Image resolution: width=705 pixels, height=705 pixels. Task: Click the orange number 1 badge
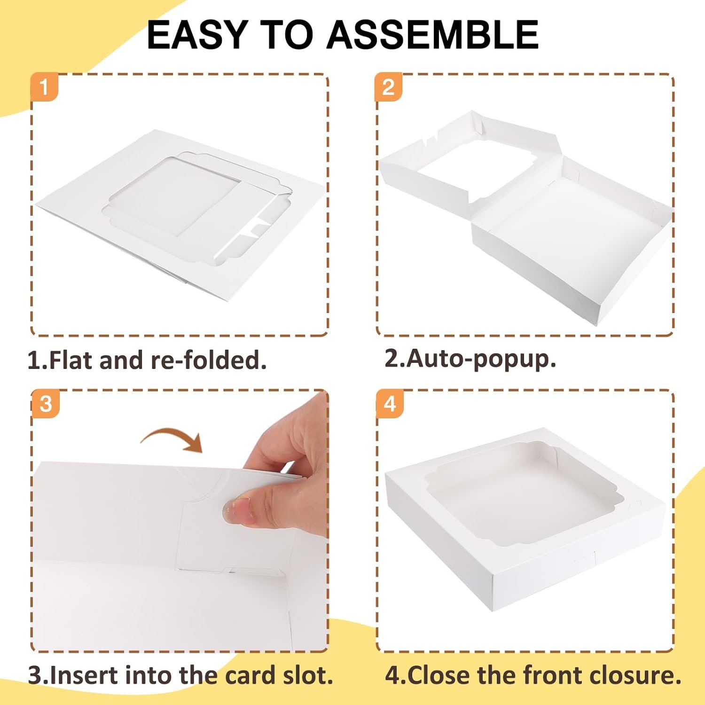coord(45,87)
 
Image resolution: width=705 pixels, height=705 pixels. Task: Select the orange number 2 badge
coord(388,87)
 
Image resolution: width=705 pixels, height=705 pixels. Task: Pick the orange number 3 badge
coord(46,403)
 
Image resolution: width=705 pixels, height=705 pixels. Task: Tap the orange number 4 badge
coord(390,403)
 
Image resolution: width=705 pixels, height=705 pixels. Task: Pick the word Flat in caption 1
coord(70,361)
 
